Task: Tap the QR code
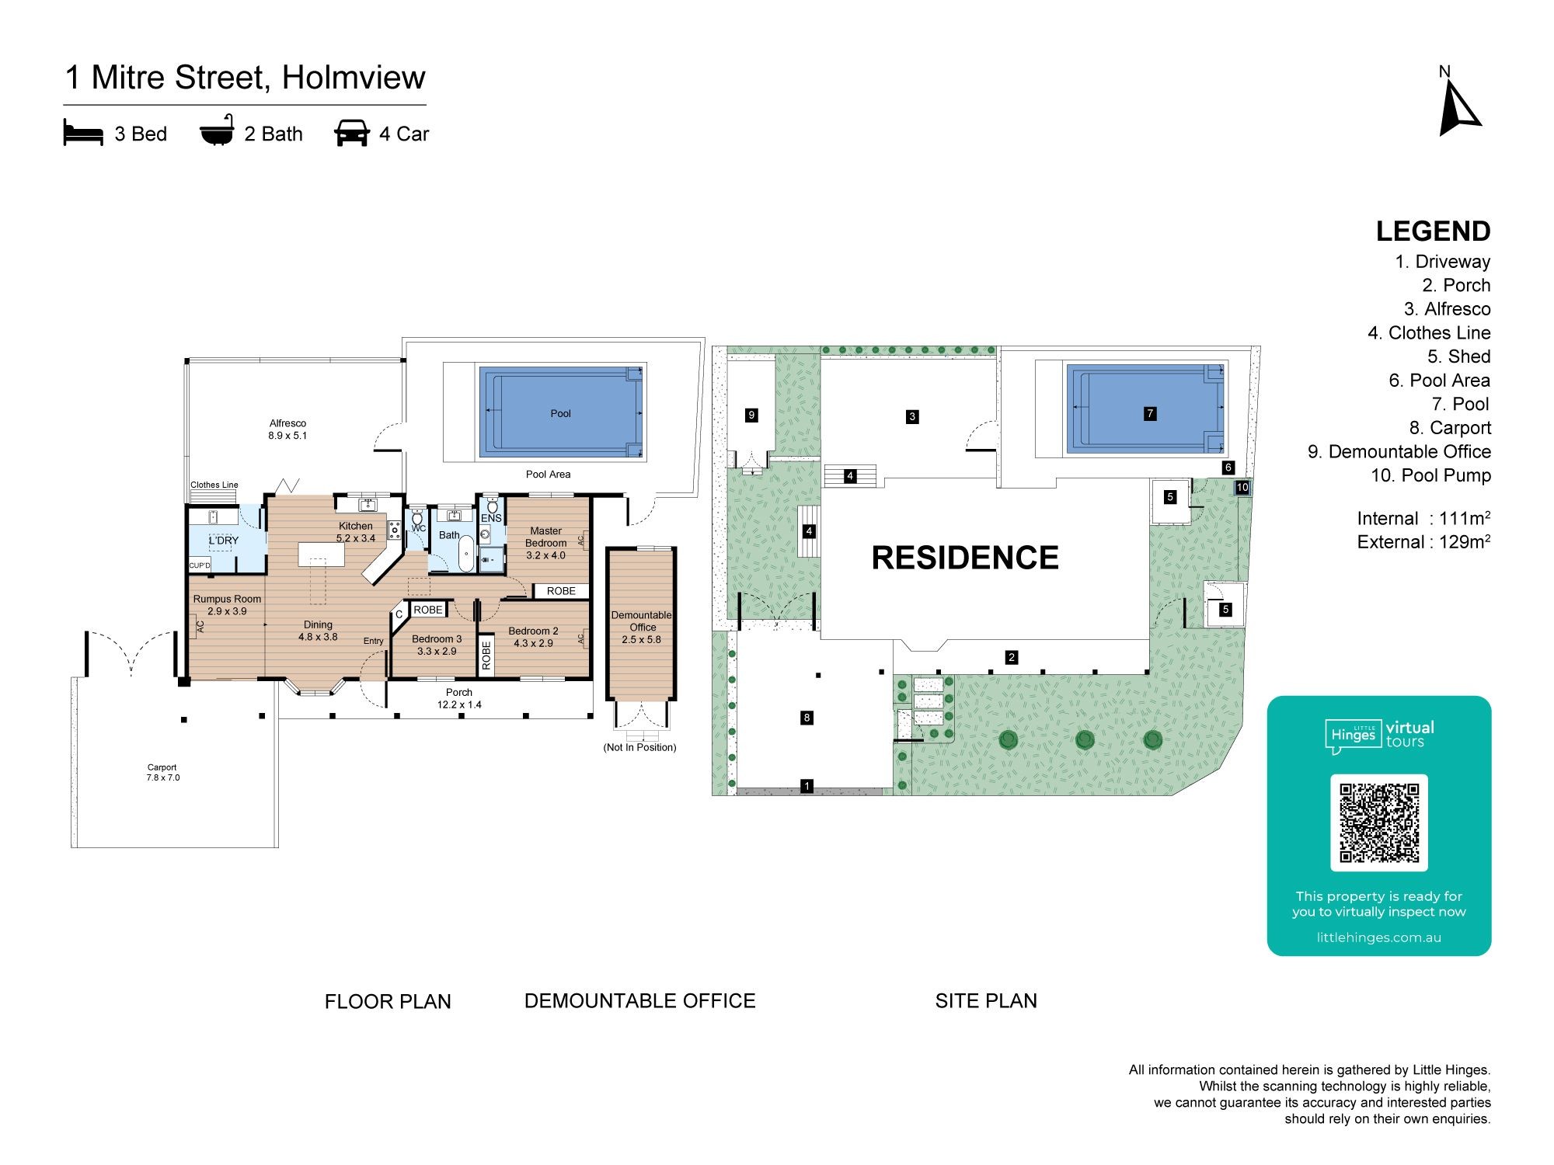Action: pyautogui.click(x=1379, y=822)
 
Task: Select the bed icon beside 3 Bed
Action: pyautogui.click(x=83, y=134)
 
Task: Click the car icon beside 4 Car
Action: pyautogui.click(x=352, y=134)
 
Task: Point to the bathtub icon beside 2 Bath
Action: pyautogui.click(x=217, y=131)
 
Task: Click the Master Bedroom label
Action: pyautogui.click(x=545, y=543)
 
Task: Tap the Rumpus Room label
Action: pyautogui.click(x=227, y=605)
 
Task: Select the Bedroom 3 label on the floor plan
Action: pyautogui.click(x=437, y=645)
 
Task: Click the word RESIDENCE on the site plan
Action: pyautogui.click(x=965, y=558)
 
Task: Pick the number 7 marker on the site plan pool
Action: pyautogui.click(x=1150, y=413)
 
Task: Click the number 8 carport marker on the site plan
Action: pyautogui.click(x=807, y=718)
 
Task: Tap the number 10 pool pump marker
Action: pyautogui.click(x=1242, y=488)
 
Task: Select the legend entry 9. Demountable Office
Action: pyautogui.click(x=1399, y=452)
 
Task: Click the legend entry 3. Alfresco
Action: pyautogui.click(x=1447, y=309)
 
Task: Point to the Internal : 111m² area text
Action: pyautogui.click(x=1423, y=518)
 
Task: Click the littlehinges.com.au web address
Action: pyautogui.click(x=1379, y=937)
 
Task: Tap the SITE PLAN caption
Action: pyautogui.click(x=986, y=1001)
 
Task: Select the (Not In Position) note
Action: pyautogui.click(x=639, y=747)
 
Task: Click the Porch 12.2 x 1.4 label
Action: pyautogui.click(x=459, y=698)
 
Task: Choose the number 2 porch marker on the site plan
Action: pyautogui.click(x=1011, y=657)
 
